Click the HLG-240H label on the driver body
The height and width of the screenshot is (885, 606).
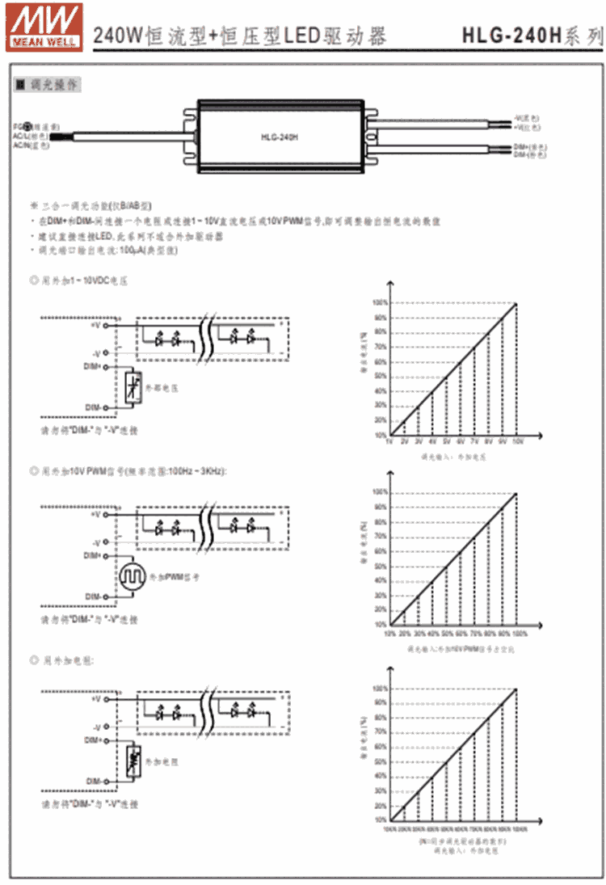pyautogui.click(x=280, y=137)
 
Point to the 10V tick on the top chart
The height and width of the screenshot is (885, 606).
pyautogui.click(x=516, y=441)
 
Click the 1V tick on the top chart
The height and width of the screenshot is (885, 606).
pyautogui.click(x=389, y=441)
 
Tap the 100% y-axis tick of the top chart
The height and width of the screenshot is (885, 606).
pyautogui.click(x=381, y=303)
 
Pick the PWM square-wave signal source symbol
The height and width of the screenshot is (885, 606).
pyautogui.click(x=130, y=576)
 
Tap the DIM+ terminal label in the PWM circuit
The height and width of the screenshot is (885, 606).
pyautogui.click(x=94, y=556)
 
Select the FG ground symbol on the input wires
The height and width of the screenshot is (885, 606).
pyautogui.click(x=30, y=126)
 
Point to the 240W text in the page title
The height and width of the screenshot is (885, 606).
pyautogui.click(x=118, y=36)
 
